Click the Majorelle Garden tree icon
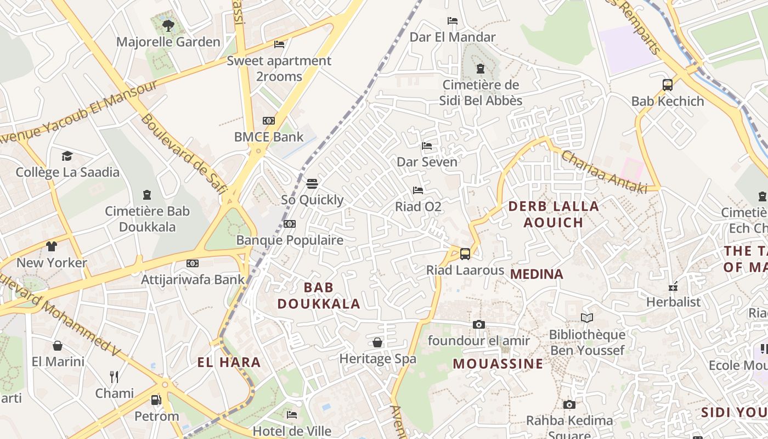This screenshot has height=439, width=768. pyautogui.click(x=168, y=25)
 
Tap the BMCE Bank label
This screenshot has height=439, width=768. pyautogui.click(x=269, y=137)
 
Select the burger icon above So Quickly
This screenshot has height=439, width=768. pyautogui.click(x=312, y=183)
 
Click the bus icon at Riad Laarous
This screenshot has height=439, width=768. pyautogui.click(x=465, y=254)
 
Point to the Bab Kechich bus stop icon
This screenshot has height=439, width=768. pyautogui.click(x=668, y=85)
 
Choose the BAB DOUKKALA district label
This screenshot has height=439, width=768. pyautogui.click(x=319, y=295)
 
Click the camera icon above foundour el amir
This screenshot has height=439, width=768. pyautogui.click(x=479, y=324)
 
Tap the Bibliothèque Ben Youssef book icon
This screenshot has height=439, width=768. pyautogui.click(x=587, y=318)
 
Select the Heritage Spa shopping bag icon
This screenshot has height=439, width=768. pyautogui.click(x=377, y=342)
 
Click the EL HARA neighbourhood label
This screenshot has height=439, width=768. pyautogui.click(x=229, y=362)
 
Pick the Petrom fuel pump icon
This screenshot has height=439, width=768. pyautogui.click(x=156, y=399)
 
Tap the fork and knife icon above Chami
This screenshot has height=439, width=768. pyautogui.click(x=114, y=376)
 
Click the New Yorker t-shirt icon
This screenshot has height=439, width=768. pyautogui.click(x=52, y=246)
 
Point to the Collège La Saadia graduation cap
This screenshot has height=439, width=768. pyautogui.click(x=67, y=156)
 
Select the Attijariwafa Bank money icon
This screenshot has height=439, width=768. pyautogui.click(x=192, y=263)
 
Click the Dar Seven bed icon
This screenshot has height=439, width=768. pyautogui.click(x=427, y=145)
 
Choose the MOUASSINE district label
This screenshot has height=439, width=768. pyautogui.click(x=498, y=364)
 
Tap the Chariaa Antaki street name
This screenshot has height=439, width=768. pyautogui.click(x=603, y=171)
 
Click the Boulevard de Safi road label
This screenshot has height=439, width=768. pyautogui.click(x=184, y=155)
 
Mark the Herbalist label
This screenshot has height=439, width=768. pyautogui.click(x=673, y=302)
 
